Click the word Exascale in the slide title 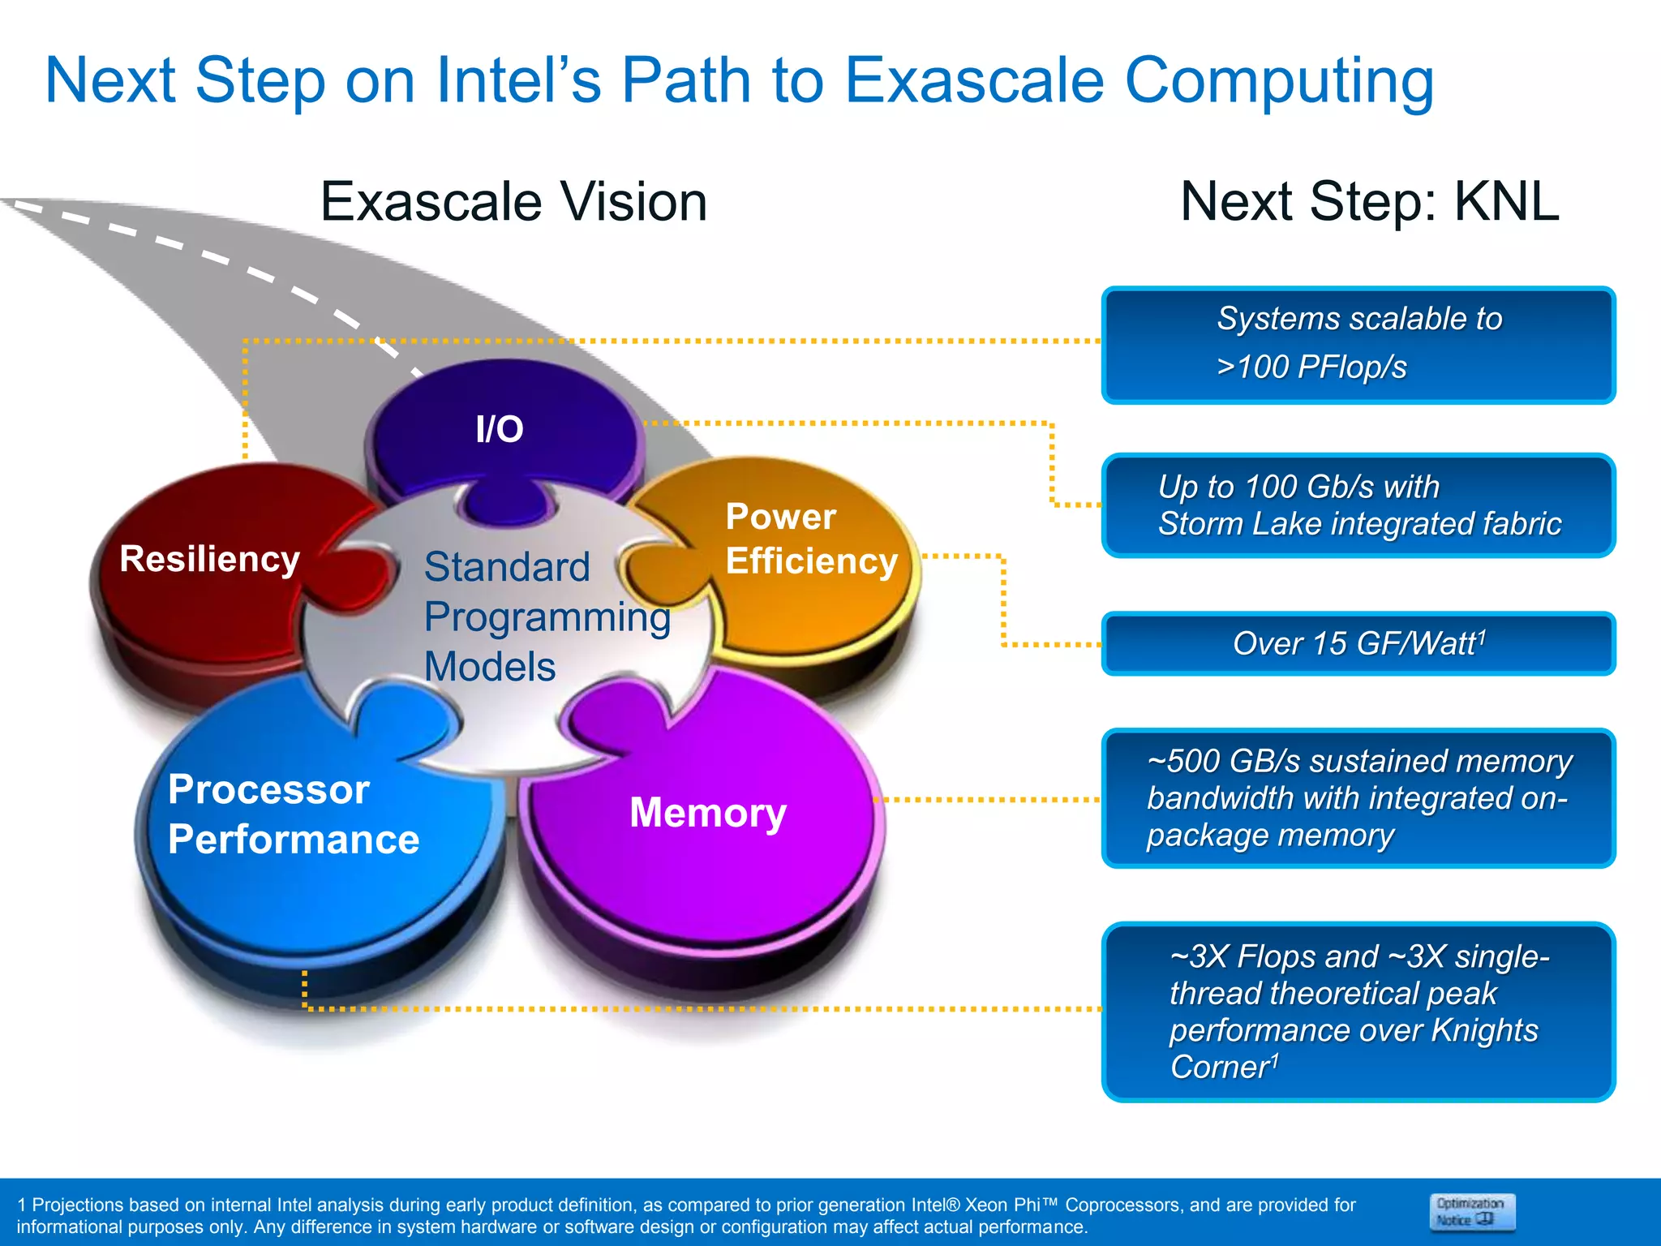point(973,81)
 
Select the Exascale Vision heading point(513,202)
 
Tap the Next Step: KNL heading point(1369,202)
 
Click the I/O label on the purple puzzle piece point(500,429)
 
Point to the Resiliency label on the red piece point(209,559)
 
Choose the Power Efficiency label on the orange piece point(810,539)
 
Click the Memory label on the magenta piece point(707,813)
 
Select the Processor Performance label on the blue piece point(293,814)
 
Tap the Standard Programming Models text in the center point(545,617)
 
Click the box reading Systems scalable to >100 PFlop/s point(1358,344)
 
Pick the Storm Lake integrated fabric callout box point(1358,505)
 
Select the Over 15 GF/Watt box point(1358,644)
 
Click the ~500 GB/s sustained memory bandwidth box point(1358,798)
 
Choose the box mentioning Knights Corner point(1358,1012)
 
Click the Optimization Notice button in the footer point(1471,1212)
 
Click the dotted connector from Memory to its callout point(989,800)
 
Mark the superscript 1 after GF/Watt point(1482,635)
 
